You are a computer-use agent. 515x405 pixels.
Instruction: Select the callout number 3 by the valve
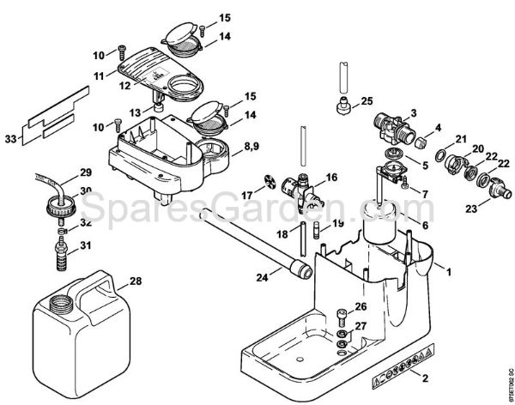(413, 112)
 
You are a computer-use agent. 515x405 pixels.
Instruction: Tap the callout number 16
(331, 178)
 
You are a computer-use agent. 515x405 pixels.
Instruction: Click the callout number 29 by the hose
(85, 172)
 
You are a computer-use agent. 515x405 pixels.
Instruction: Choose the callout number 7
(423, 194)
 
